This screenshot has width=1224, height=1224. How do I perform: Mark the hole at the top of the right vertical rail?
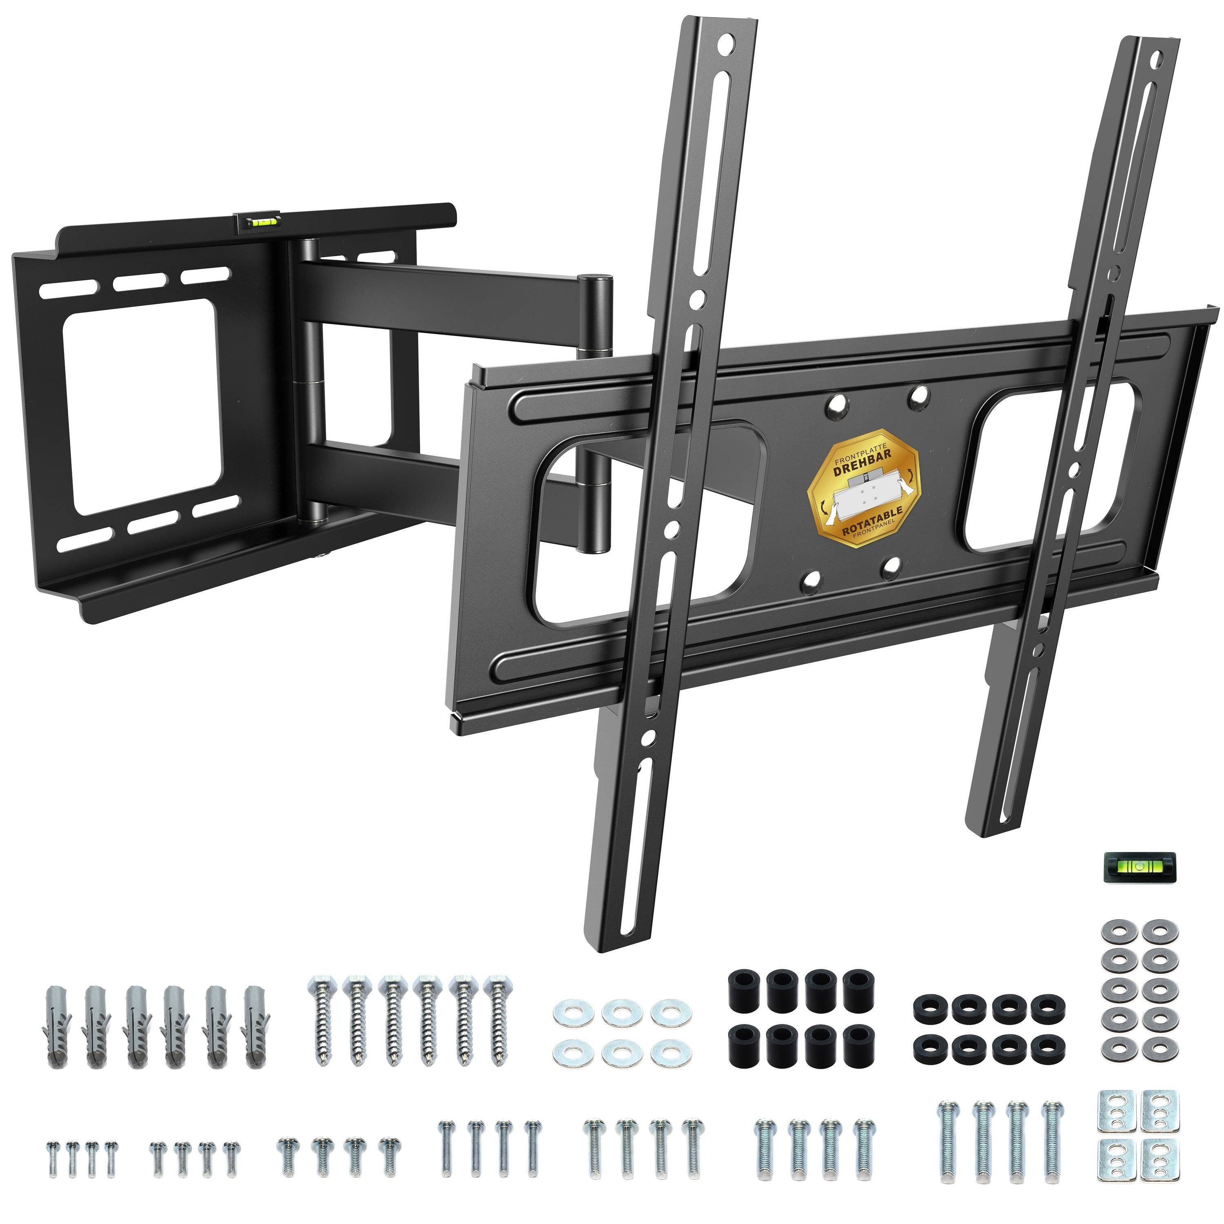pyautogui.click(x=1157, y=63)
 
